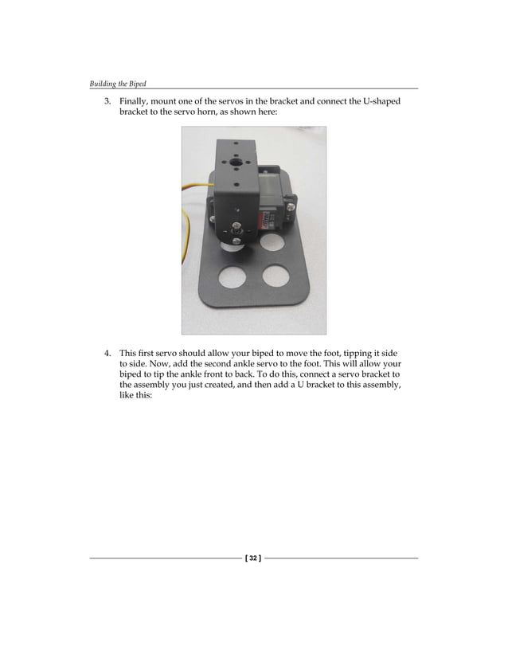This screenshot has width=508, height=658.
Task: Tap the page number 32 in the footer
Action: click(x=254, y=558)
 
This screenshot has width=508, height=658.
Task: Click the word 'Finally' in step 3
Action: click(x=136, y=102)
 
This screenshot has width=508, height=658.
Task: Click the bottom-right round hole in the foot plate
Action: click(x=275, y=276)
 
